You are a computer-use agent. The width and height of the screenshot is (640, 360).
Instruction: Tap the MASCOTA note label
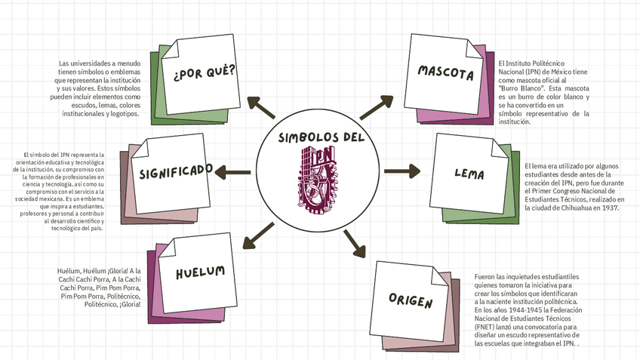[x=445, y=74]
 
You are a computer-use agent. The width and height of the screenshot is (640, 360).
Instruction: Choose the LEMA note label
[x=469, y=173]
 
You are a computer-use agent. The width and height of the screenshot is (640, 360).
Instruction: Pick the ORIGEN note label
[x=411, y=301]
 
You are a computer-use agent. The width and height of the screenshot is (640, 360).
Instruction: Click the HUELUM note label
[x=200, y=272]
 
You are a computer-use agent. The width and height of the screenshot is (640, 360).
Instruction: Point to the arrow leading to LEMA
[x=402, y=171]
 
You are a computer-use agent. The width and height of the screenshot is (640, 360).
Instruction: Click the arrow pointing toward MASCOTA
[x=377, y=108]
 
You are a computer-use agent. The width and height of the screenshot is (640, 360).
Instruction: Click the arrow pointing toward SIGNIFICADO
[x=233, y=173]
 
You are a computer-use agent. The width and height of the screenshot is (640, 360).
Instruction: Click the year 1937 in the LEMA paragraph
[x=607, y=208]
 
